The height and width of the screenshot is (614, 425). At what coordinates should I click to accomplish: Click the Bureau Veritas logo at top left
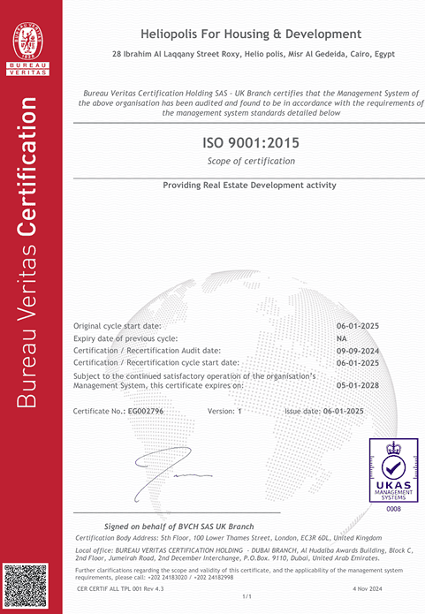31,45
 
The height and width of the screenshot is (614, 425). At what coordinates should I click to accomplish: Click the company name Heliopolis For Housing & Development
251,34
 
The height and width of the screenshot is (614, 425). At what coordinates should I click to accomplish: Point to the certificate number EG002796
155,412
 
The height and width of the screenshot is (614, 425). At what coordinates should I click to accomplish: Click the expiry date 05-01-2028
357,386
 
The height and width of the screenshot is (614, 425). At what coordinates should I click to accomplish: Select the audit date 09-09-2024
357,350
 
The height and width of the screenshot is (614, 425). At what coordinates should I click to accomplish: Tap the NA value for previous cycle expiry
342,337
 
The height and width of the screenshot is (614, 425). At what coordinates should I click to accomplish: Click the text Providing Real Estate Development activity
250,185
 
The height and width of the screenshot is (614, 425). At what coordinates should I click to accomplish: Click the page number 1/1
247,598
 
